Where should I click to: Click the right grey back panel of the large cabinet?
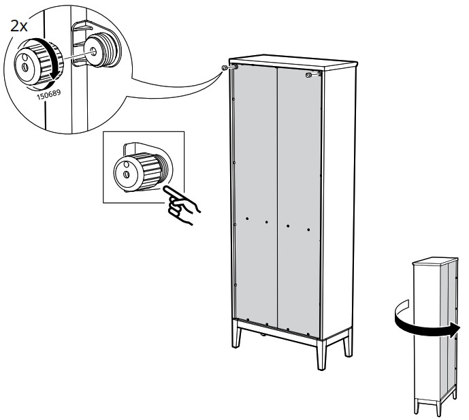(x=300, y=204)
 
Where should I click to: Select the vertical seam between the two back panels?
(x=278, y=204)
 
